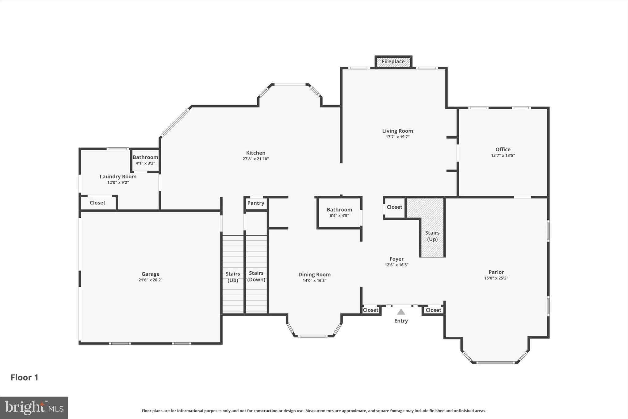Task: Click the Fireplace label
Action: pos(393,61)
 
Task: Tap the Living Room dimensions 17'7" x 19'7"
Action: pos(397,137)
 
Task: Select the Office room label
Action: pos(503,149)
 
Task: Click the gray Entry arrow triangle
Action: pos(401,312)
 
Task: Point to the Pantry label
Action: pos(256,203)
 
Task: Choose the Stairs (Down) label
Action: pos(256,276)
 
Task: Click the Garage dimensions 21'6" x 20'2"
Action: pos(150,280)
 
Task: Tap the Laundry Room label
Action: pos(118,177)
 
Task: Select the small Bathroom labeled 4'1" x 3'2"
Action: pos(145,160)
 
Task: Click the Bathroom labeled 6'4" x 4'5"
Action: pos(339,212)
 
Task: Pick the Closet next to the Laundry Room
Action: pos(98,203)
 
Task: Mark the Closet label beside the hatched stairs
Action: pos(394,207)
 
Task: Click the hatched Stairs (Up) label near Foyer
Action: pos(432,236)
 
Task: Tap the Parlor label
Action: pos(496,272)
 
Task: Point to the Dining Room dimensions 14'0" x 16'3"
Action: pos(314,281)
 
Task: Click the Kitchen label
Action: pos(256,153)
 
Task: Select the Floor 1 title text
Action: pos(25,377)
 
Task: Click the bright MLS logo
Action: pos(34,408)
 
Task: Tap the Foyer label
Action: pos(396,259)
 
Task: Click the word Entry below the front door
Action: pos(401,321)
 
